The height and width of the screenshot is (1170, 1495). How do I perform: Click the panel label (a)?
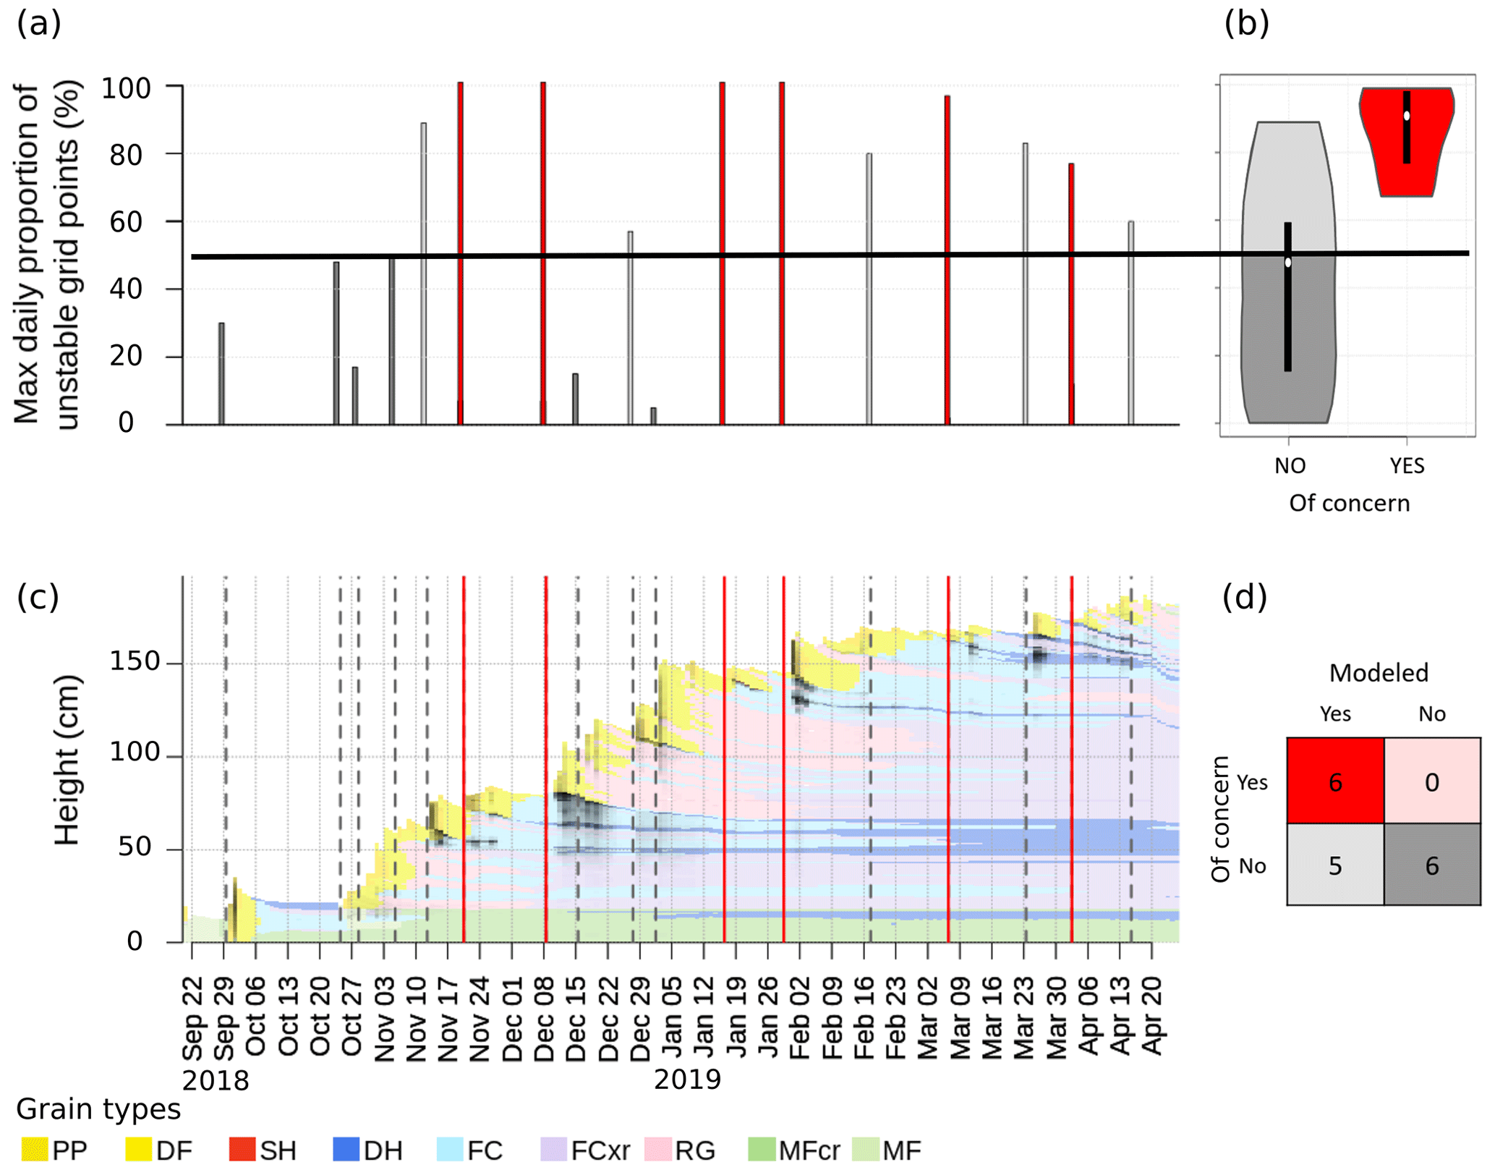click(39, 24)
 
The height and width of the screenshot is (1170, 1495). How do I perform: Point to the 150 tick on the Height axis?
click(135, 661)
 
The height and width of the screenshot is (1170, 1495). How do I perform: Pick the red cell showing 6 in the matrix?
click(1335, 781)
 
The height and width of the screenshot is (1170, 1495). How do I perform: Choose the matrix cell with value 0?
click(1431, 781)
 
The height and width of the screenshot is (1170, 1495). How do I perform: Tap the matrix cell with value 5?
click(1335, 865)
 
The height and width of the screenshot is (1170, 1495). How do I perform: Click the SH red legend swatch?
click(242, 1150)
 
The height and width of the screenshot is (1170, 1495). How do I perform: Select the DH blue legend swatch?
click(346, 1150)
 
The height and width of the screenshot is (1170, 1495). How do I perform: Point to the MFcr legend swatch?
click(761, 1150)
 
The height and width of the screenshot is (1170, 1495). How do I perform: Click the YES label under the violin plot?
click(1407, 466)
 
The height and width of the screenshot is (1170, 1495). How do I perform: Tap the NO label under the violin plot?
click(1290, 466)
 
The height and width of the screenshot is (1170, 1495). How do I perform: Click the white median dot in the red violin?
click(1407, 116)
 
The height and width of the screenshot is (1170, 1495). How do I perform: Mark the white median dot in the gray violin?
click(1288, 263)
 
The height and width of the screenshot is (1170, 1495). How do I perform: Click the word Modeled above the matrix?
click(1379, 674)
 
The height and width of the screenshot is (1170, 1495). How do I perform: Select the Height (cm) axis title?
click(67, 760)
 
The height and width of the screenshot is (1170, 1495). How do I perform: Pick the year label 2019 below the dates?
click(687, 1080)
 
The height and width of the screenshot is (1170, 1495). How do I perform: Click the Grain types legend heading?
click(98, 1109)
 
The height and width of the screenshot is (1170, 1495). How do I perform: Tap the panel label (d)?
click(1244, 598)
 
